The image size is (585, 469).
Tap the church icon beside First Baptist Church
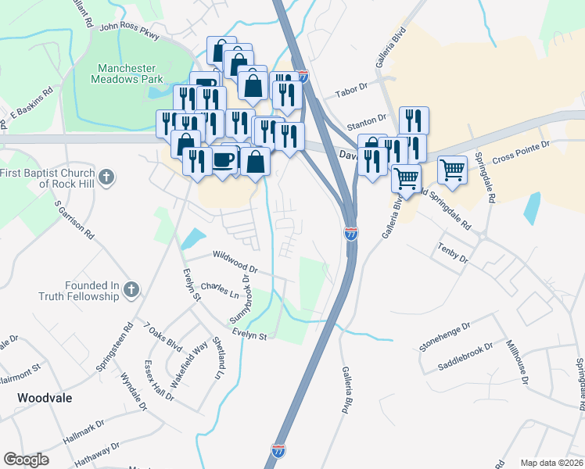[x=109, y=178]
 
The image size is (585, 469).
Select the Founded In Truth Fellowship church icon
[x=131, y=291]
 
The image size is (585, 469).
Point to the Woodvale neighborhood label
[x=38, y=398]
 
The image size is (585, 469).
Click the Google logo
[x=26, y=459]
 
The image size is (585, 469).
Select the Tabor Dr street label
[x=350, y=91]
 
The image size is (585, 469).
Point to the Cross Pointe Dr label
[x=522, y=149]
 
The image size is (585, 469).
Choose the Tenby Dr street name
[x=451, y=252]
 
